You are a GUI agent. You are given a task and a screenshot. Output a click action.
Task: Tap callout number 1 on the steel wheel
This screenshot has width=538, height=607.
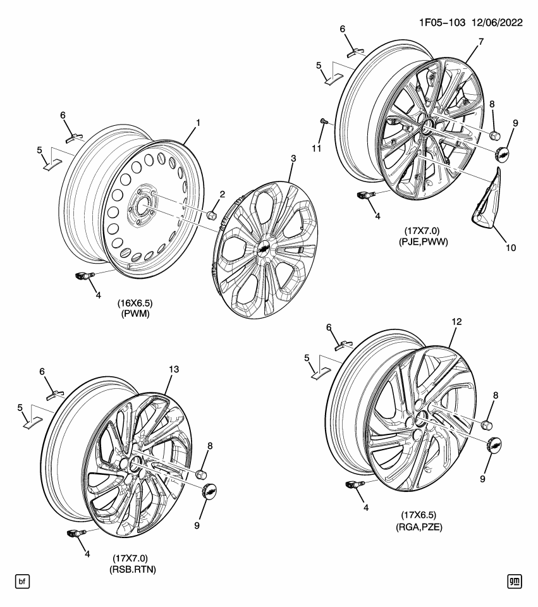(x=197, y=122)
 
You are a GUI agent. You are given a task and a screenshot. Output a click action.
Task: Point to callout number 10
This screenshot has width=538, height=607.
(x=510, y=248)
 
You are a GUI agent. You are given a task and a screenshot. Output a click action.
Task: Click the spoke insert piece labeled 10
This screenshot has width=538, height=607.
(x=485, y=201)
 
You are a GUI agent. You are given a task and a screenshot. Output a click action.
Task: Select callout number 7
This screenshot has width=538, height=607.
(x=481, y=42)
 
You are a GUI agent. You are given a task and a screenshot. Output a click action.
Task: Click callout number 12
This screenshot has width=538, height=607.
(x=456, y=322)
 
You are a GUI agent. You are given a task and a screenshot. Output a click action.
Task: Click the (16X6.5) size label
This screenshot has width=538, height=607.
(x=134, y=303)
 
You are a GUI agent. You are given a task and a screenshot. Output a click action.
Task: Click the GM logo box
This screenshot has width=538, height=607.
(x=515, y=581)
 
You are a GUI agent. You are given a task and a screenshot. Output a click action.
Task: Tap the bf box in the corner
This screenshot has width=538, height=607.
(x=22, y=581)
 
